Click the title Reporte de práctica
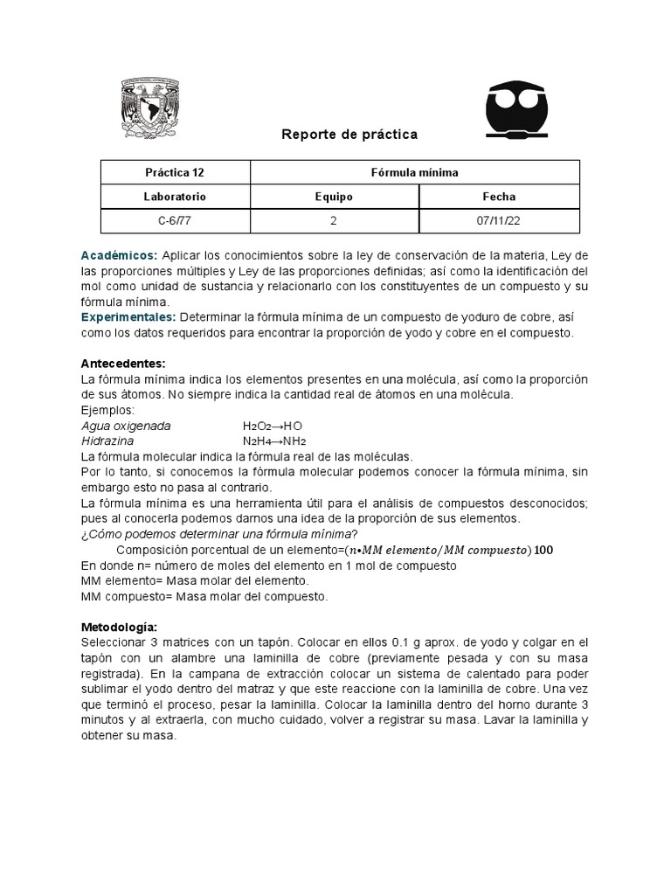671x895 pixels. tap(349, 135)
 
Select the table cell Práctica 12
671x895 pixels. tap(176, 173)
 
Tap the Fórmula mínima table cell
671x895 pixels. tap(415, 173)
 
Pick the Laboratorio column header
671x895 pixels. tap(176, 197)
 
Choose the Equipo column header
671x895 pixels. tap(334, 197)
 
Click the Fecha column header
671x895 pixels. tap(499, 197)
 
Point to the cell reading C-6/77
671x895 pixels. tap(176, 221)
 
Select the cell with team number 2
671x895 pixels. tap(334, 221)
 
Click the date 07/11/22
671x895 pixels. tap(499, 221)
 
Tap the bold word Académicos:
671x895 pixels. tap(119, 255)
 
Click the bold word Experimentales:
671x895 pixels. tap(128, 316)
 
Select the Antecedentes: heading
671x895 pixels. tap(123, 363)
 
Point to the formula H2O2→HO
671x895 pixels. tap(273, 426)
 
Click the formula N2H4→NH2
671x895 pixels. tap(274, 441)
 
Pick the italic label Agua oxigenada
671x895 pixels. tap(126, 426)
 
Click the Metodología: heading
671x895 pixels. tap(120, 627)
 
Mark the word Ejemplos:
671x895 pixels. tap(107, 410)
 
